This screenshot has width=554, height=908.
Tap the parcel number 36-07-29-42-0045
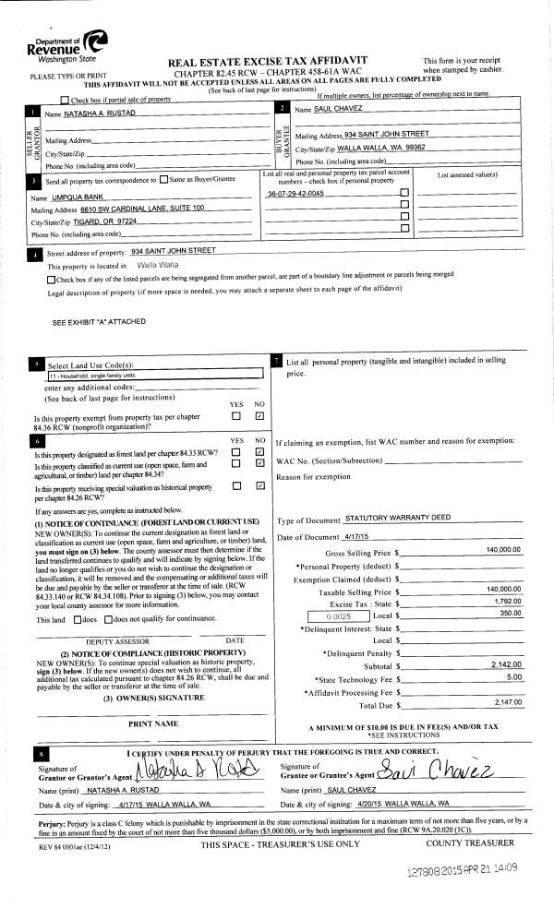pos(295,193)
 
